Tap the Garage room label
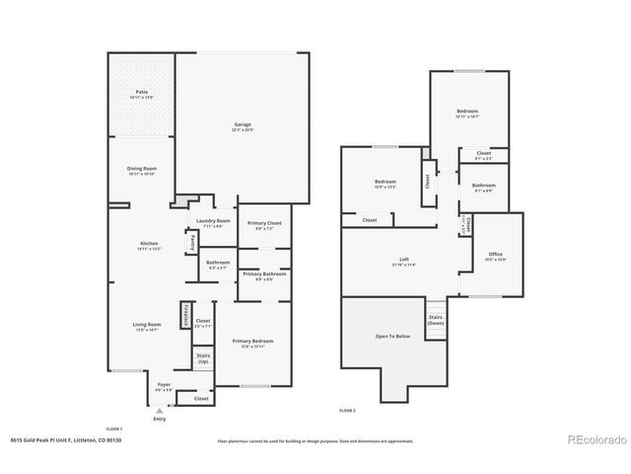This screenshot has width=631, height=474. (x=242, y=125)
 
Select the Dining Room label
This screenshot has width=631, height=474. (x=141, y=169)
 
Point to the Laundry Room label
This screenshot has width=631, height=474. (x=213, y=221)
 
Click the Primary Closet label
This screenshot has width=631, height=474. (x=264, y=223)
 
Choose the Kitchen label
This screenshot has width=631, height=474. (x=149, y=243)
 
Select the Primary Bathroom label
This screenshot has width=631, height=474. (x=263, y=274)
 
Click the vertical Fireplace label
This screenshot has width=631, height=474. (x=184, y=314)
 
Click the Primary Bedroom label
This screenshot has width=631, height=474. (x=253, y=341)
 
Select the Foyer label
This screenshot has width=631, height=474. (x=163, y=386)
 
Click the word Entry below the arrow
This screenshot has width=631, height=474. (x=160, y=419)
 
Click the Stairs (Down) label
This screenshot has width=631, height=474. (x=435, y=321)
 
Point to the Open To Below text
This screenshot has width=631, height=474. (x=391, y=336)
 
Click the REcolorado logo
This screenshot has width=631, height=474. (x=594, y=439)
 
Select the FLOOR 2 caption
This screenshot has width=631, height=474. (x=347, y=409)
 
